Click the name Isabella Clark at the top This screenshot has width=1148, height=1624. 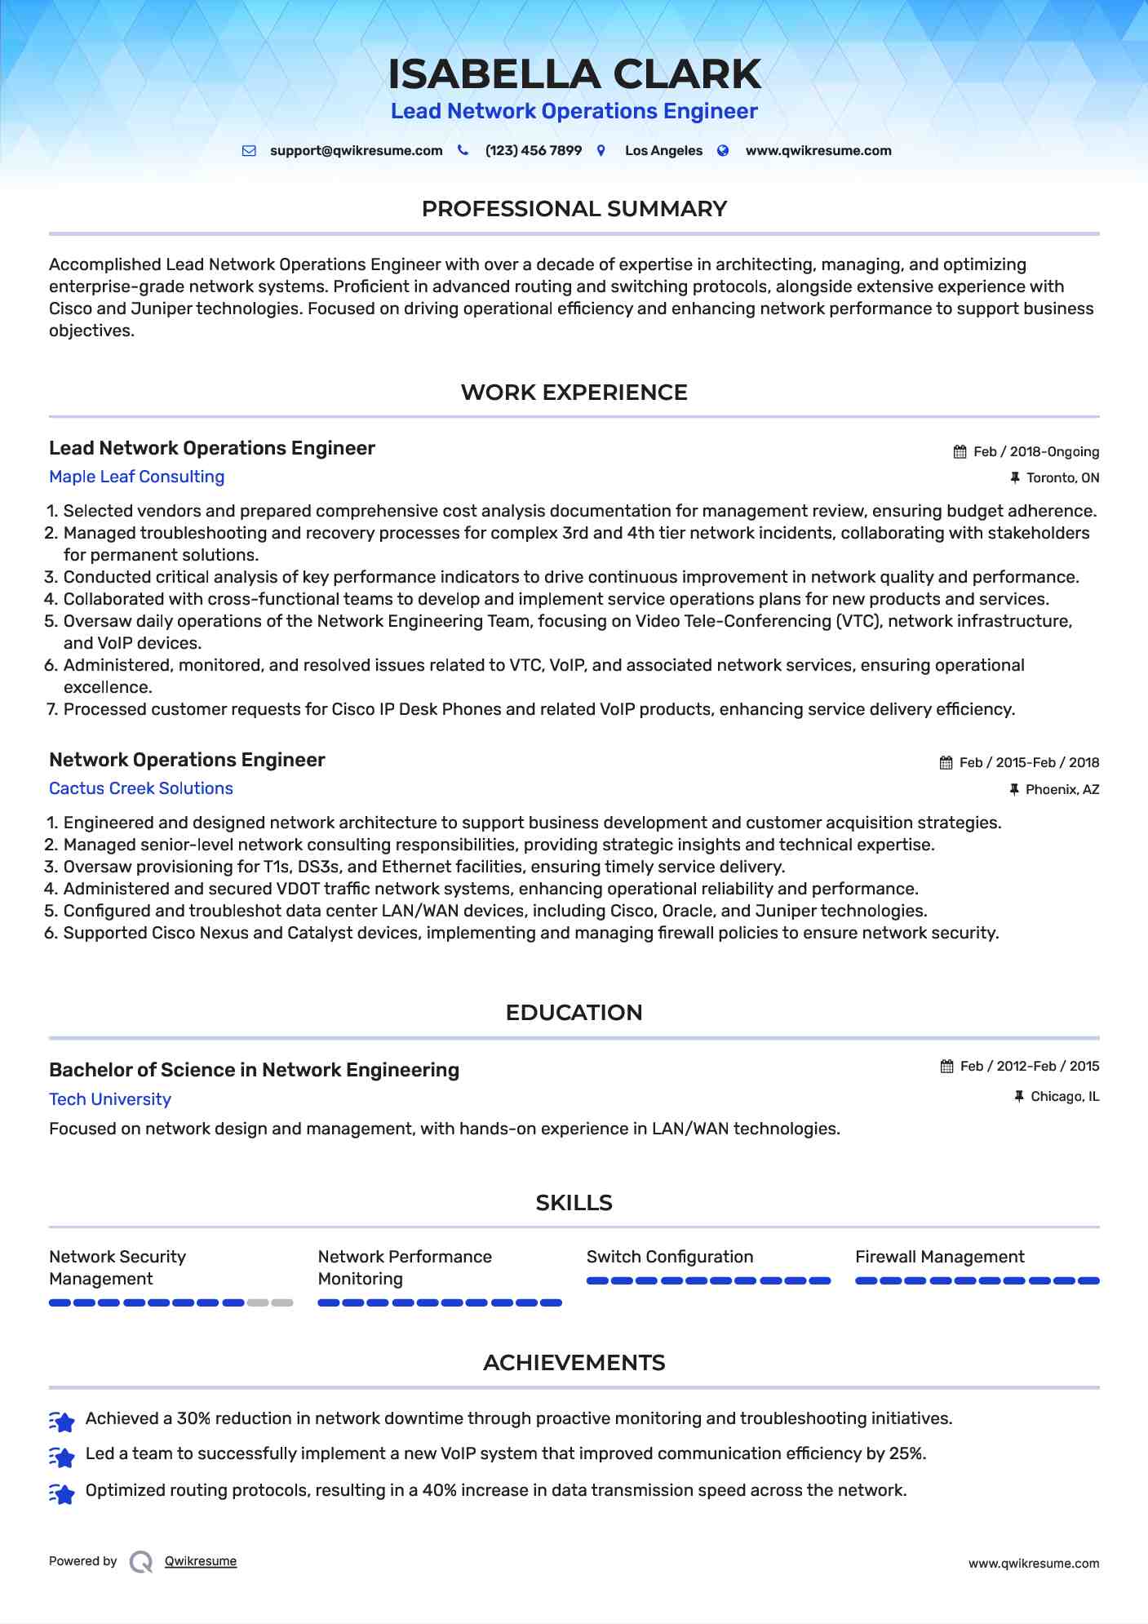(574, 74)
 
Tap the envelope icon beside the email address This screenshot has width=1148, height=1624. (249, 151)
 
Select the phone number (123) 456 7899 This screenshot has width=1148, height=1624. (533, 151)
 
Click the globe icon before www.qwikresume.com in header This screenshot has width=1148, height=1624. (723, 151)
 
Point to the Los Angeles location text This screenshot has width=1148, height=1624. (663, 151)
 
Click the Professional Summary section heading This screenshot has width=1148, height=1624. (574, 209)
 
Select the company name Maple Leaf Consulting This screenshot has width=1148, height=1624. (136, 477)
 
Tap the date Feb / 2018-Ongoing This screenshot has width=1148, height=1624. (1036, 452)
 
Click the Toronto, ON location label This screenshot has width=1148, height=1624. (1062, 478)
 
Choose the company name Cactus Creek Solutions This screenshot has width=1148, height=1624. (141, 788)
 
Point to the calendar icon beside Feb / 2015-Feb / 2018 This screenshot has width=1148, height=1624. (946, 763)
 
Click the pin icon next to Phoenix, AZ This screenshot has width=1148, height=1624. (1014, 789)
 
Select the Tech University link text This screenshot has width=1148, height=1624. (110, 1099)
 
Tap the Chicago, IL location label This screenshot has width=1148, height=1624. (1065, 1097)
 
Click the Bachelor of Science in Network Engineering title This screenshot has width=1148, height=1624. (254, 1070)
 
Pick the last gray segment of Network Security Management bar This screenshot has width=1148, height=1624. (282, 1302)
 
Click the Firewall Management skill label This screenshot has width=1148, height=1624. (939, 1257)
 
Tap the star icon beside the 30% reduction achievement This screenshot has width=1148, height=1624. (62, 1421)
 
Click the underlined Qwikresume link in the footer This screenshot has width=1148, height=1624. (201, 1561)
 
